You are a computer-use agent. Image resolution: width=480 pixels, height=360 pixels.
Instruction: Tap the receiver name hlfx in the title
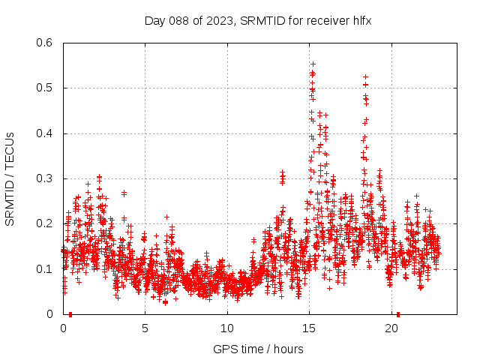361,20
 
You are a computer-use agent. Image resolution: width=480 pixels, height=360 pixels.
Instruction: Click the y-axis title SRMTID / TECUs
10,178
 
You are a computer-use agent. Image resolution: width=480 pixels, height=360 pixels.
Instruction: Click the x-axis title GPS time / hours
258,349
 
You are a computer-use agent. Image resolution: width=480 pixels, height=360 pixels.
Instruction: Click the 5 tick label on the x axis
145,328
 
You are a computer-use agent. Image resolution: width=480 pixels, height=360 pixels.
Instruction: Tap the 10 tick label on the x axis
227,328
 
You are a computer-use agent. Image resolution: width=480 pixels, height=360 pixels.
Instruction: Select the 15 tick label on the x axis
310,328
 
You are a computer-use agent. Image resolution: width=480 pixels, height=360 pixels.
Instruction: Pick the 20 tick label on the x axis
391,328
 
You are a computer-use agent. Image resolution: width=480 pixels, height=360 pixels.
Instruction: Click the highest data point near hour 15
313,64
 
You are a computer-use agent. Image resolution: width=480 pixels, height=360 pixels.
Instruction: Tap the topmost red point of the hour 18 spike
365,76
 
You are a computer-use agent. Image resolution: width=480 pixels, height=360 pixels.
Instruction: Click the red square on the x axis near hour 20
398,314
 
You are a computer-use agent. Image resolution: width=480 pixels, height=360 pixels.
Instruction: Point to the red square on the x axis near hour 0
70,314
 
